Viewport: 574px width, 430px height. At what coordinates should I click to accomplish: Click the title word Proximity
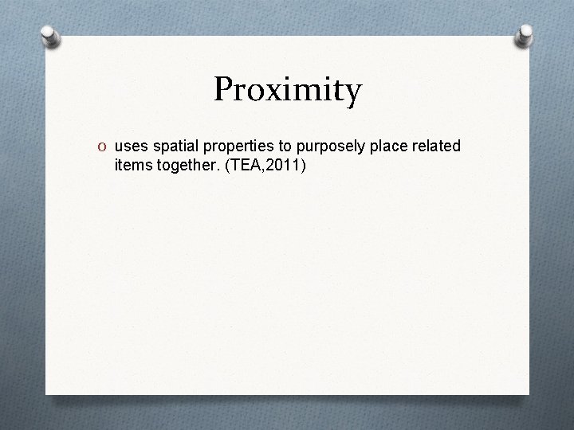click(x=287, y=90)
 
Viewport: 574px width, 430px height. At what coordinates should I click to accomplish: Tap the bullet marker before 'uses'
click(x=104, y=147)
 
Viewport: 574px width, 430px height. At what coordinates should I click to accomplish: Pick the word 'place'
click(x=383, y=147)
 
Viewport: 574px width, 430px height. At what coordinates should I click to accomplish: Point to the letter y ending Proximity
click(x=352, y=94)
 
